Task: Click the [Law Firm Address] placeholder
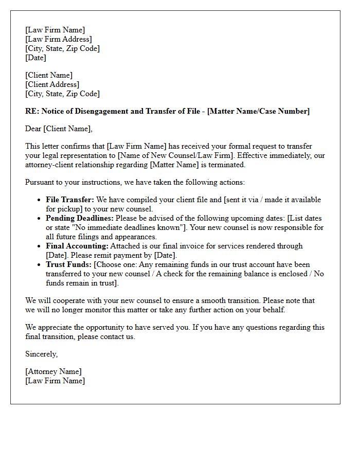59,39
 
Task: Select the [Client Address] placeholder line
52,84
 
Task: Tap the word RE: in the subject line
31,111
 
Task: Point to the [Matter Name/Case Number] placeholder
258,111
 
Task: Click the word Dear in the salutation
33,129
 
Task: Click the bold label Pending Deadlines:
80,218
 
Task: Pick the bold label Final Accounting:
77,246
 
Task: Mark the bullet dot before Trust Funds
40,265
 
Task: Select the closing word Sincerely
41,354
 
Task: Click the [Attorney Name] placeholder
53,371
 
